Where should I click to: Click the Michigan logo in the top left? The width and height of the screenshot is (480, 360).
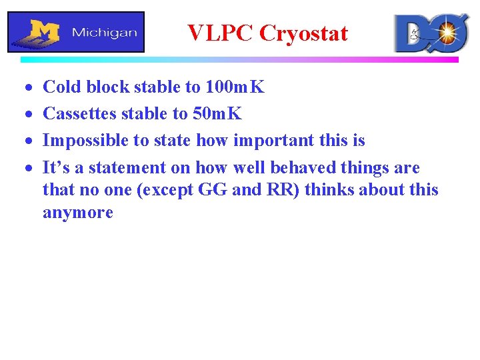pyautogui.click(x=76, y=31)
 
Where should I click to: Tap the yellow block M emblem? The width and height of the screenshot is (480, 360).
pyautogui.click(x=44, y=31)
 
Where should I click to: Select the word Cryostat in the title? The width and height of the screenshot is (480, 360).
pyautogui.click(x=303, y=33)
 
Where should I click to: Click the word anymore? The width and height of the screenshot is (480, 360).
pyautogui.click(x=78, y=213)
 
